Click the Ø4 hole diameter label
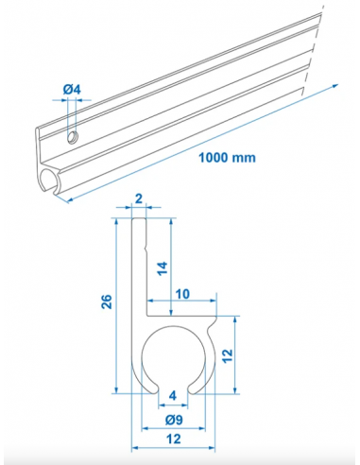74,90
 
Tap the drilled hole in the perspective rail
72,138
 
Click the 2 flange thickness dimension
138,200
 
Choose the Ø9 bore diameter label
172,420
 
